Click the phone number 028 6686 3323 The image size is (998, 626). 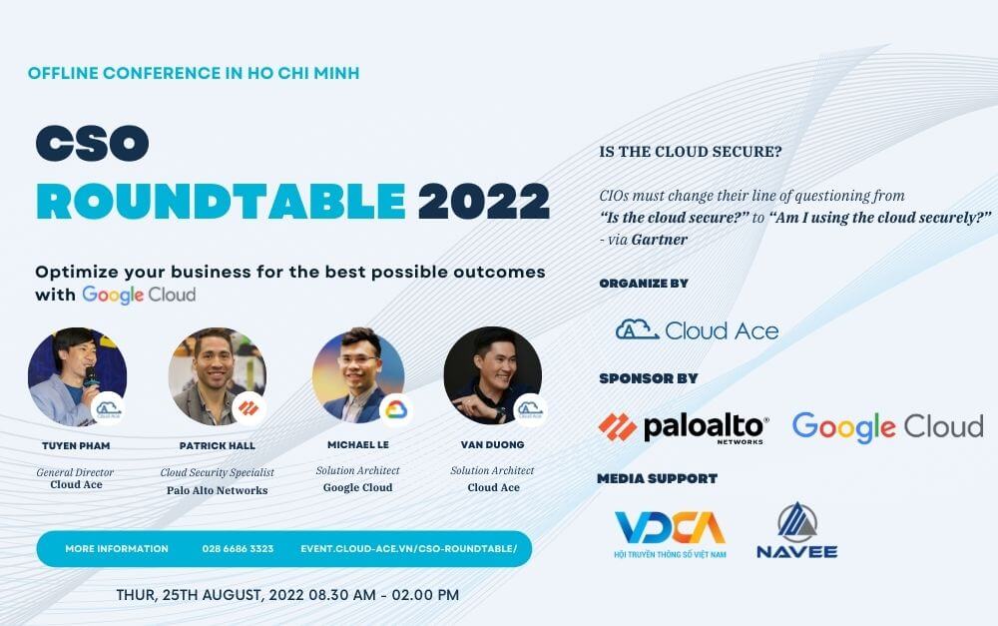click(238, 549)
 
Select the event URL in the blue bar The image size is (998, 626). click(409, 549)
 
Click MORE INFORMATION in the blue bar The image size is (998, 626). click(117, 549)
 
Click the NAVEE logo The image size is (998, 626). click(796, 531)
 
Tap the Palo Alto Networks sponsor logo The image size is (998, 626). click(684, 427)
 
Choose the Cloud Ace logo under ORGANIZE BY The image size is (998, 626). click(697, 329)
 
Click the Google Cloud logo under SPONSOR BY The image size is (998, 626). click(887, 426)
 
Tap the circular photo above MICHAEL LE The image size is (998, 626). click(357, 375)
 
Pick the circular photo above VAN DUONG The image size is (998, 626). click(493, 375)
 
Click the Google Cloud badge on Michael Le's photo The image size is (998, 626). click(395, 409)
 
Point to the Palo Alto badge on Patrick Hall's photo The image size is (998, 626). click(249, 408)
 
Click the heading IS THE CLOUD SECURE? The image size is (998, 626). click(690, 153)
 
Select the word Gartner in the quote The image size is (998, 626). click(659, 239)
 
